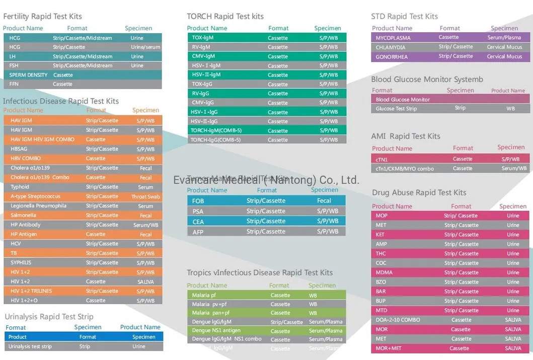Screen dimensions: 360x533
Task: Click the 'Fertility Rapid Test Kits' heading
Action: (42, 17)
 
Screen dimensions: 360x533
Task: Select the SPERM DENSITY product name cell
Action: (28, 75)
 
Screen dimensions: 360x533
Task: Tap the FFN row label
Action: (15, 84)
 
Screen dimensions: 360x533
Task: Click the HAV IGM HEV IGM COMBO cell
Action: (42, 139)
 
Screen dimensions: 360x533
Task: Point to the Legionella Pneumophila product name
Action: (38, 206)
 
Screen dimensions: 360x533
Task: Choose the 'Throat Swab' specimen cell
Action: (145, 197)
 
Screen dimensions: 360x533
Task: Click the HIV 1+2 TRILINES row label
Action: (31, 291)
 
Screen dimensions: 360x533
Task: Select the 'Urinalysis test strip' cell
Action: (30, 346)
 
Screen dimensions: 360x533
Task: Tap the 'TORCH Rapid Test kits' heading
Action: (225, 17)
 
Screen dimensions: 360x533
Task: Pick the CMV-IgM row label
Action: (203, 56)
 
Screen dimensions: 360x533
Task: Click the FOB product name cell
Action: (198, 201)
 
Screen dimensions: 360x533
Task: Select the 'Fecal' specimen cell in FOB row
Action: (324, 201)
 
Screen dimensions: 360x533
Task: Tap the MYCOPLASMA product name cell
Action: (393, 38)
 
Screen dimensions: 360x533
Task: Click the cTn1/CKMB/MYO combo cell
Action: (405, 169)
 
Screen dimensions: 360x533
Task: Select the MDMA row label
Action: (384, 272)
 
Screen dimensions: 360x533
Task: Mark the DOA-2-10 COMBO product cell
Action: (398, 320)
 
